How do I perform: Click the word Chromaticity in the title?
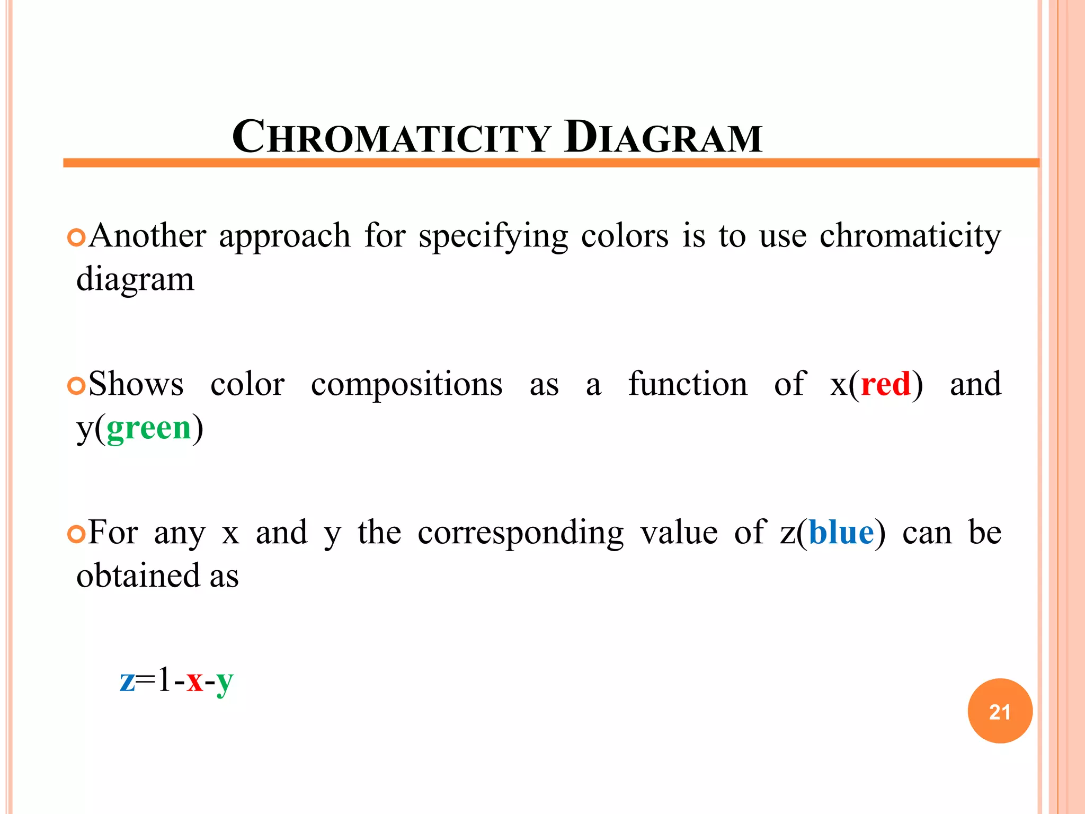pyautogui.click(x=392, y=137)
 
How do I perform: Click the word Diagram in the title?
pyautogui.click(x=663, y=137)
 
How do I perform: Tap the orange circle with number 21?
pyautogui.click(x=1000, y=711)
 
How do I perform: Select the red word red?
pyautogui.click(x=886, y=384)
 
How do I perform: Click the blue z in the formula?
pyautogui.click(x=127, y=680)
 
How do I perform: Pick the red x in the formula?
pyautogui.click(x=194, y=680)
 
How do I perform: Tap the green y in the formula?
pyautogui.click(x=224, y=683)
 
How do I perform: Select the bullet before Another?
pyautogui.click(x=76, y=237)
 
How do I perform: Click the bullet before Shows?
pyautogui.click(x=76, y=386)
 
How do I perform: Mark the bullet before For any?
pyautogui.click(x=76, y=534)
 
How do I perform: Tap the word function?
pyautogui.click(x=688, y=384)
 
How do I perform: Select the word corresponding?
pyautogui.click(x=520, y=534)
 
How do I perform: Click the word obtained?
pyautogui.click(x=138, y=576)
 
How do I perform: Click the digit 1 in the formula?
pyautogui.click(x=164, y=679)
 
